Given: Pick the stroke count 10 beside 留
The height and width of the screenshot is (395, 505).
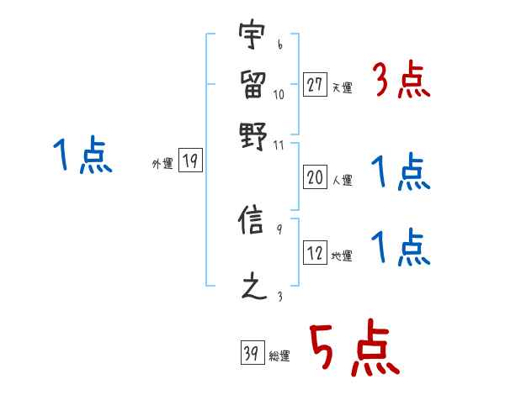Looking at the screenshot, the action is click(279, 94).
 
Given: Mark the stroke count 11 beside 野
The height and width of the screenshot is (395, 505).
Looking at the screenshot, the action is click(279, 145).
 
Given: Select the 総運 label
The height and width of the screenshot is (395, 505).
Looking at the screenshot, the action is click(279, 355).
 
